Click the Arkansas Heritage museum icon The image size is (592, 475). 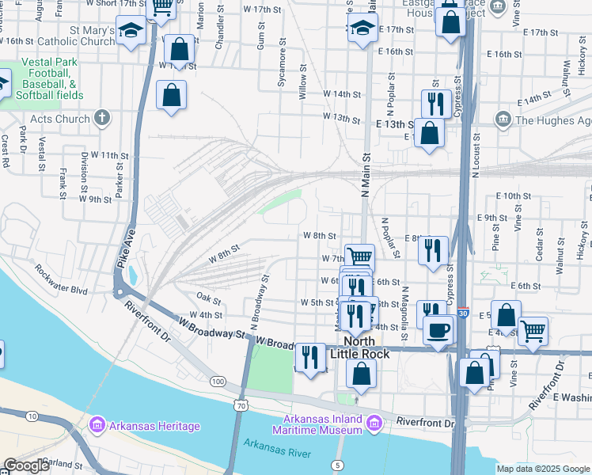pyautogui.click(x=97, y=426)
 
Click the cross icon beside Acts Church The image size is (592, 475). pyautogui.click(x=101, y=119)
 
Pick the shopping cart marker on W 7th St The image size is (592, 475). pyautogui.click(x=359, y=256)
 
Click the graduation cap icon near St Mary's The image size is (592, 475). pyautogui.click(x=131, y=31)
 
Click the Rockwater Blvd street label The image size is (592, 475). pyautogui.click(x=60, y=279)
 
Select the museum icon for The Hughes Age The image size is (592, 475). pyautogui.click(x=503, y=120)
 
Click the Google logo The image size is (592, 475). pyautogui.click(x=26, y=465)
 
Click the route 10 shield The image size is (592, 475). pyautogui.click(x=32, y=416)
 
